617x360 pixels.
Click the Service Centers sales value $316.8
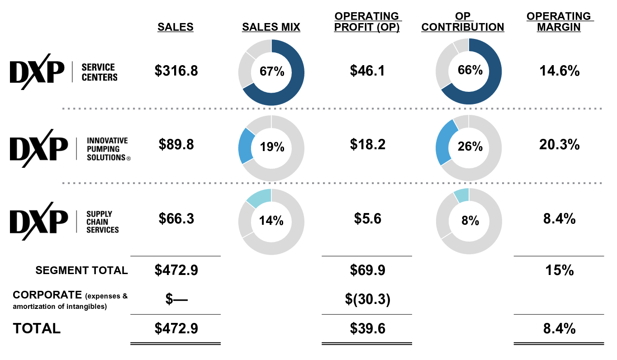pyautogui.click(x=176, y=71)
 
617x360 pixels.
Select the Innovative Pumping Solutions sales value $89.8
pyautogui.click(x=176, y=144)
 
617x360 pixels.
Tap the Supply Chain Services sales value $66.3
pyautogui.click(x=176, y=218)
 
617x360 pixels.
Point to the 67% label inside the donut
pyautogui.click(x=271, y=71)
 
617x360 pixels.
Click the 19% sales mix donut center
pyautogui.click(x=271, y=147)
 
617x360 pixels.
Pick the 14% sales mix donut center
pyautogui.click(x=271, y=221)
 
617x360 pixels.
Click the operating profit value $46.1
pyautogui.click(x=367, y=71)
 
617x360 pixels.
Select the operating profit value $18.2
pyautogui.click(x=367, y=144)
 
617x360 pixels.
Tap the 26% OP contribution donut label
pyautogui.click(x=470, y=147)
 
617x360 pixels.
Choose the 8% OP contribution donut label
pyautogui.click(x=470, y=221)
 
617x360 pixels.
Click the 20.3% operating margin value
pyautogui.click(x=559, y=144)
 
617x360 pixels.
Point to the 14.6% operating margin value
pyautogui.click(x=559, y=71)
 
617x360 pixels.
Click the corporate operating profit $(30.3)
pyautogui.click(x=367, y=299)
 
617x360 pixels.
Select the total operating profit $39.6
pyautogui.click(x=367, y=328)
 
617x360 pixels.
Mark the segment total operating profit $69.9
pyautogui.click(x=367, y=270)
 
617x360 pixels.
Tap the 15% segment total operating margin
pyautogui.click(x=559, y=270)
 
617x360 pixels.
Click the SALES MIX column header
pyautogui.click(x=271, y=27)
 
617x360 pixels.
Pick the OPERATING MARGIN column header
pyautogui.click(x=559, y=22)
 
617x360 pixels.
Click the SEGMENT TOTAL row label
pyautogui.click(x=82, y=270)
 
